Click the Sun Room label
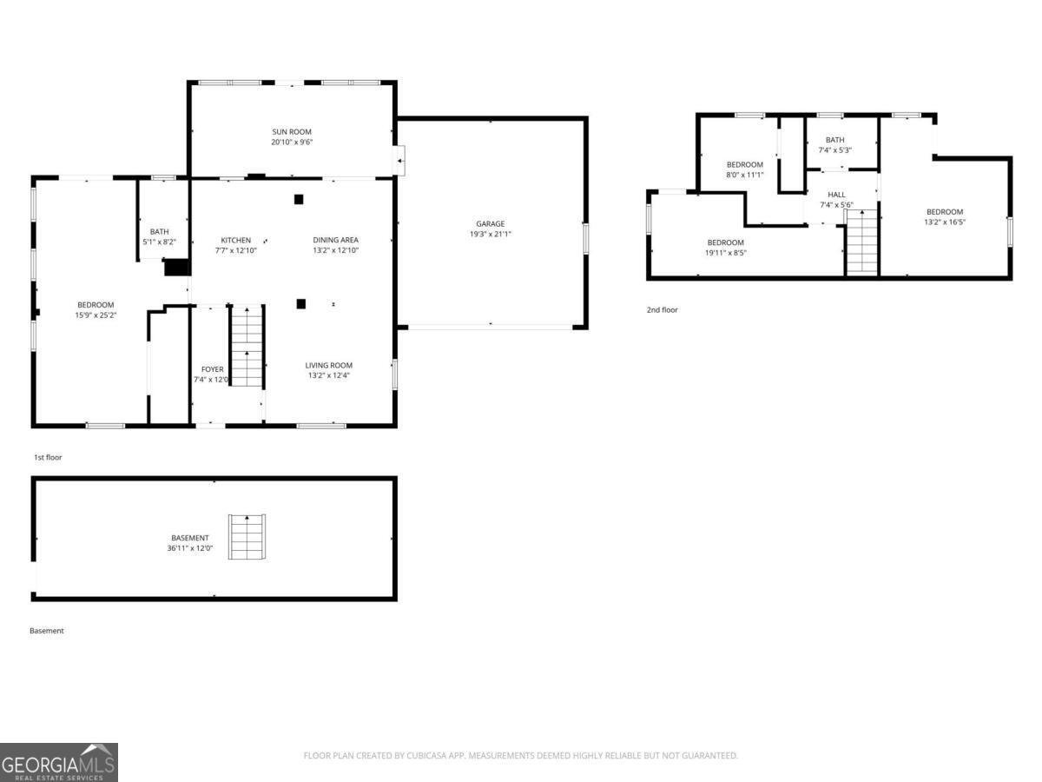point(291,131)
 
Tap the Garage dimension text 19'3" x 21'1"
point(490,234)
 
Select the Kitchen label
point(235,240)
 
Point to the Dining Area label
point(335,240)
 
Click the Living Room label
point(328,365)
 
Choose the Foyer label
point(212,369)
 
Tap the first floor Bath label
point(159,231)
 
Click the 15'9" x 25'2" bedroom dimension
point(96,315)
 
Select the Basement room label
point(188,538)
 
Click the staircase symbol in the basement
point(247,538)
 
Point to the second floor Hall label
point(836,195)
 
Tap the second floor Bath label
point(834,140)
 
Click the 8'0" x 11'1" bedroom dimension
point(744,175)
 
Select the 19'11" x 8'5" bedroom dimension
point(725,253)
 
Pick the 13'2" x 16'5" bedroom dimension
point(944,222)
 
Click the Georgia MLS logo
point(58,762)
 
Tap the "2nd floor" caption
point(662,309)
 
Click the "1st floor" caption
point(48,457)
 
